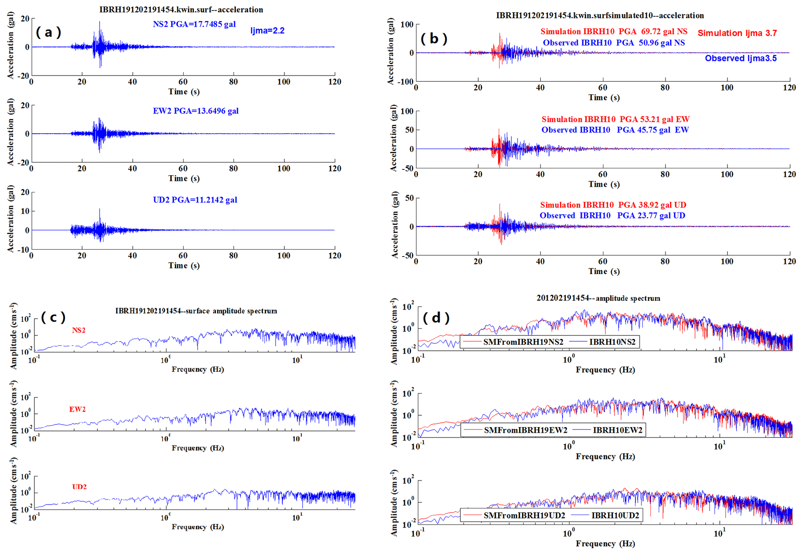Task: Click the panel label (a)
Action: pyautogui.click(x=48, y=32)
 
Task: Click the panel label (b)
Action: pyautogui.click(x=434, y=38)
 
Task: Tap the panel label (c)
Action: pyautogui.click(x=53, y=318)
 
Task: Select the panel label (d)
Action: pyautogui.click(x=436, y=318)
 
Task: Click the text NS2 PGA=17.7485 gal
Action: pyautogui.click(x=194, y=24)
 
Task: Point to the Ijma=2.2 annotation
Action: pyautogui.click(x=267, y=31)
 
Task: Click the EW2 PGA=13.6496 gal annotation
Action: pyautogui.click(x=195, y=111)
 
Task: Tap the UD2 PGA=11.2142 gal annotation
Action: pyautogui.click(x=195, y=200)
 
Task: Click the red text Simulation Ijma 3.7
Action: pyautogui.click(x=737, y=33)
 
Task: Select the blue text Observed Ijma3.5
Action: pyautogui.click(x=740, y=58)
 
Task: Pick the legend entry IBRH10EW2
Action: pyautogui.click(x=617, y=430)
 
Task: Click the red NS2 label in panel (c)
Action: pyautogui.click(x=78, y=330)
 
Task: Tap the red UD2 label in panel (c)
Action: pyautogui.click(x=79, y=487)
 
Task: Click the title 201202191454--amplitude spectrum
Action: pyautogui.click(x=598, y=298)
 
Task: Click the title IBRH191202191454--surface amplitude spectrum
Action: pyautogui.click(x=196, y=311)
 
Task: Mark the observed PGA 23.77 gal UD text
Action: pyautogui.click(x=612, y=216)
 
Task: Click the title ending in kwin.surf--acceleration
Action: pyautogui.click(x=181, y=10)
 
